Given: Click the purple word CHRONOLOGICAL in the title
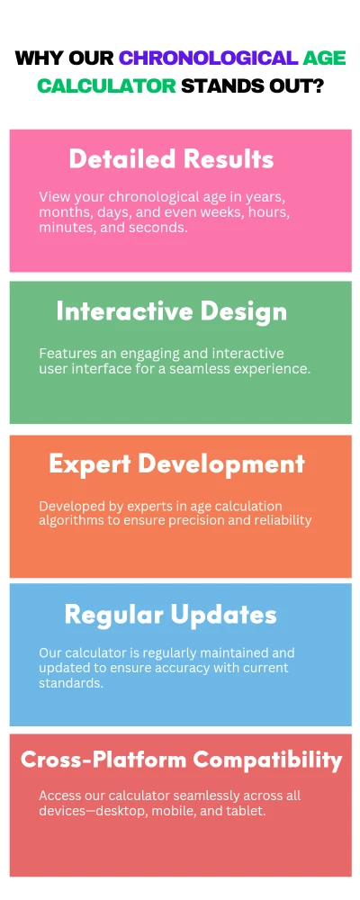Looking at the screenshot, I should pyautogui.click(x=207, y=59).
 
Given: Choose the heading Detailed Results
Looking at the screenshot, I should pyautogui.click(x=171, y=159).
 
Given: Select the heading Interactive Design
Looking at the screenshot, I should pyautogui.click(x=172, y=311).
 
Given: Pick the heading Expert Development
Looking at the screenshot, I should pyautogui.click(x=176, y=463).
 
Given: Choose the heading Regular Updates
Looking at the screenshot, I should pyautogui.click(x=170, y=616).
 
